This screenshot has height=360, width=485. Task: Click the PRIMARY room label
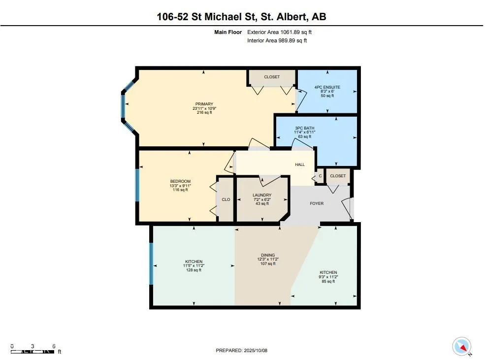tap(204, 104)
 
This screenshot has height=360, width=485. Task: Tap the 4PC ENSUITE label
tap(327, 88)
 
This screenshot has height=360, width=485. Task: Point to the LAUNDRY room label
tap(262, 195)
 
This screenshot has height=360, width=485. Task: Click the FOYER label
tap(317, 203)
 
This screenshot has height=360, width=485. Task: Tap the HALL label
tap(300, 165)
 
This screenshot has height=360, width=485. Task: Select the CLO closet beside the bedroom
tap(226, 199)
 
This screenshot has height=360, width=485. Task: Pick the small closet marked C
tap(320, 176)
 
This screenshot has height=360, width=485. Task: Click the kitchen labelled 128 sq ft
tap(194, 262)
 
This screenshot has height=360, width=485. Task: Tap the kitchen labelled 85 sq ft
tap(328, 272)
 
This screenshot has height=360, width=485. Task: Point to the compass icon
tap(462, 346)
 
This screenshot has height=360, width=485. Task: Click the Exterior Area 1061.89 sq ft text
tap(280, 32)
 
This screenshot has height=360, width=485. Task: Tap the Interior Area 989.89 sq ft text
tap(277, 41)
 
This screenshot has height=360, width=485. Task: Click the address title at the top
tap(241, 17)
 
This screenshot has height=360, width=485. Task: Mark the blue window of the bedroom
tap(137, 185)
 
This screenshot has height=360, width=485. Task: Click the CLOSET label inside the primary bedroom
tap(272, 77)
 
